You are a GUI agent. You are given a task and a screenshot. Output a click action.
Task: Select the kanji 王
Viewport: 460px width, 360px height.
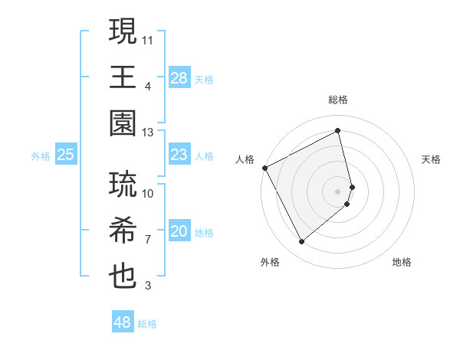[123, 78]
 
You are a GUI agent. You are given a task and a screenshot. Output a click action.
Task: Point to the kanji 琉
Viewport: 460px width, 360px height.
[123, 185]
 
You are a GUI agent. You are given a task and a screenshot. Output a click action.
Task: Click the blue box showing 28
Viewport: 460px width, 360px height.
[179, 78]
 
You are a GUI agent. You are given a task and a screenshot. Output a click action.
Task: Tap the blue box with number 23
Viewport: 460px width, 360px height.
[179, 155]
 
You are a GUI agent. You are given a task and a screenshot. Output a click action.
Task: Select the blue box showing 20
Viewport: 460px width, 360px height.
[179, 232]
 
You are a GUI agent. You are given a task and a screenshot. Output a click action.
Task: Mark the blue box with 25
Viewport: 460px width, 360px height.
[66, 155]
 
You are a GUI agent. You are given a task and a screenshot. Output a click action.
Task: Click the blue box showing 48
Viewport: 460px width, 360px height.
[123, 323]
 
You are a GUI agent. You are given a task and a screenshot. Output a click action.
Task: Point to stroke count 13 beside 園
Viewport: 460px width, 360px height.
[148, 133]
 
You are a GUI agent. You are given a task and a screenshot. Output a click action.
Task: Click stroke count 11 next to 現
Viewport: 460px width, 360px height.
[148, 39]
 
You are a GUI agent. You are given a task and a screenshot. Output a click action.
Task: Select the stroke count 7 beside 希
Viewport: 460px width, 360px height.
[148, 239]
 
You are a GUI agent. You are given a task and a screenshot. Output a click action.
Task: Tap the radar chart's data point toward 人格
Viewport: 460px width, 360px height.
[265, 168]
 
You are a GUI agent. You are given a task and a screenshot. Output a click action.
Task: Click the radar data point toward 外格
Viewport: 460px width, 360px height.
[301, 242]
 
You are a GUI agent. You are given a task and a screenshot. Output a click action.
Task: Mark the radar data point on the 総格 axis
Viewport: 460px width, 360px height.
[338, 130]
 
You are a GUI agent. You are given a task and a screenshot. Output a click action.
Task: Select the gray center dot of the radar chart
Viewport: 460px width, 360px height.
[338, 191]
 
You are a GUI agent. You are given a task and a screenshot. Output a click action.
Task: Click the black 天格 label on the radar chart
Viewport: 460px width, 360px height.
[432, 159]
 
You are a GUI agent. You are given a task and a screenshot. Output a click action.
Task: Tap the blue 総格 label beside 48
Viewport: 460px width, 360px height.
[147, 324]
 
